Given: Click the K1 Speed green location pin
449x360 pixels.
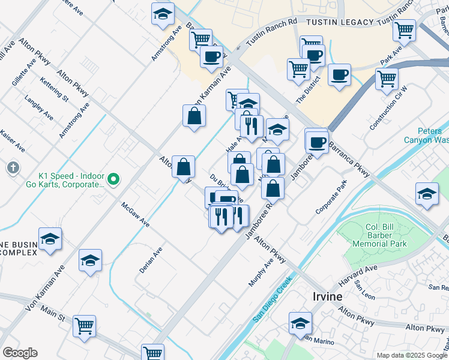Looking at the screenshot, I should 112,179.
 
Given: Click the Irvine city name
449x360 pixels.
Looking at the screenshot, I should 327,296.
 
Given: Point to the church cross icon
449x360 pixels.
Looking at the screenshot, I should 13,168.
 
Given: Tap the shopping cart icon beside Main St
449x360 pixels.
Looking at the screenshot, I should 84,326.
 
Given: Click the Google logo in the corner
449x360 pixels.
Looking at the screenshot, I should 19,353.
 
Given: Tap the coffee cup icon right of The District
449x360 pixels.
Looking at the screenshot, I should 339,75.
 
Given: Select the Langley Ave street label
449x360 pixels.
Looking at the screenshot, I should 38,108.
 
